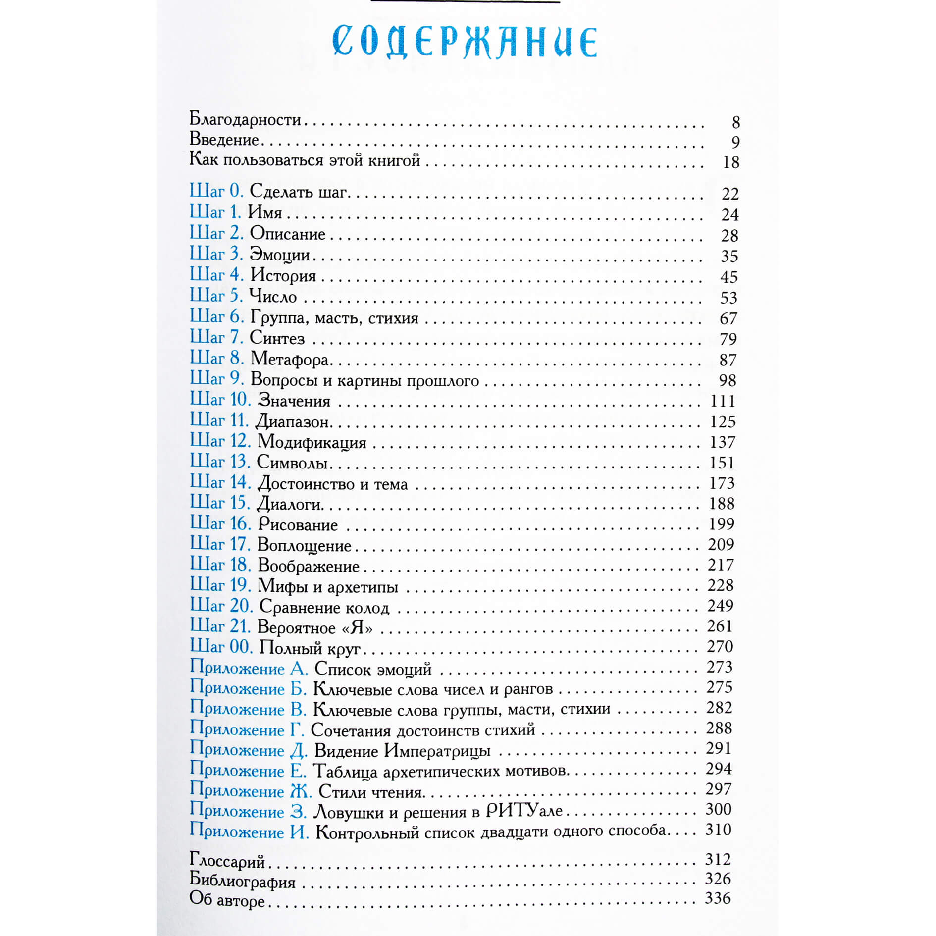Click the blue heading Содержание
465,42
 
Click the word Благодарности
245,119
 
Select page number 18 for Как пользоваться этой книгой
730,162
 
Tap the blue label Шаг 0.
216,191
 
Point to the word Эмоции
280,255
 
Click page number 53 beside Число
728,298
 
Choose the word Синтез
277,338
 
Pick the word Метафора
290,359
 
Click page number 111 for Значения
723,401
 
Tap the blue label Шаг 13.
220,462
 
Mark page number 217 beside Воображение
721,565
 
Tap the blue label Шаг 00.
221,647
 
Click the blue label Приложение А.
249,668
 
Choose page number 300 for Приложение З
718,809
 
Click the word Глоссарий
227,862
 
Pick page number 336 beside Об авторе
718,898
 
